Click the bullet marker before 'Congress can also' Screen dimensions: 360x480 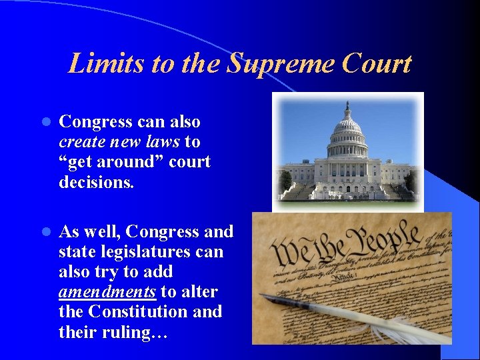46,123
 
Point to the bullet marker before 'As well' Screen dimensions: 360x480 46,232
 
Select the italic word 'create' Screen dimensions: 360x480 79,142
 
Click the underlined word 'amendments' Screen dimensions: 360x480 107,292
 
